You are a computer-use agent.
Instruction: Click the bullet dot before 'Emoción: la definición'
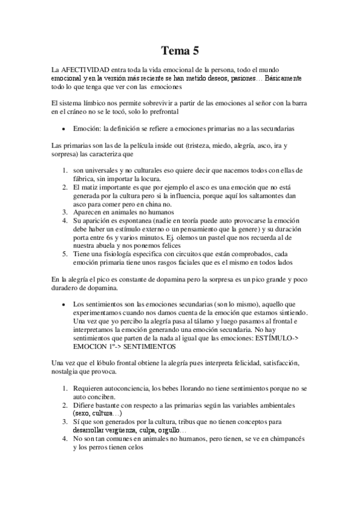point(63,128)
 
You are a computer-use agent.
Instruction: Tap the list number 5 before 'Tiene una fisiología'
point(65,253)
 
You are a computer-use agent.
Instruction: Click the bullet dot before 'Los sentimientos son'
point(63,304)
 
